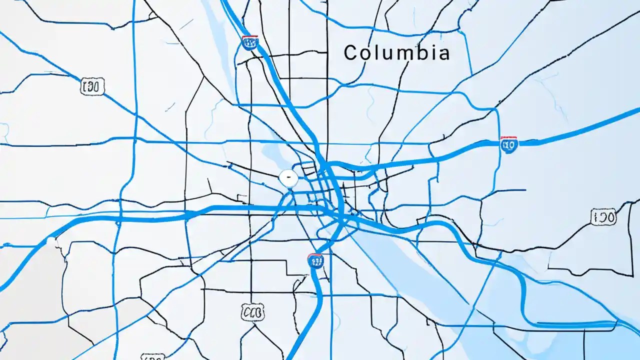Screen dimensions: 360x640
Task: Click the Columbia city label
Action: coord(397,52)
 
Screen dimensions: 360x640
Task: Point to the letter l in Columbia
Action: coord(379,52)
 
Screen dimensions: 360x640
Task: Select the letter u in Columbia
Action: coord(389,53)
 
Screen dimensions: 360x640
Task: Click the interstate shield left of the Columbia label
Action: coord(249,42)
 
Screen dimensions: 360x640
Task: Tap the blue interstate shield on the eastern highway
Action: coord(509,144)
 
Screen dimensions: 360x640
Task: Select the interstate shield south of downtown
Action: coord(315,260)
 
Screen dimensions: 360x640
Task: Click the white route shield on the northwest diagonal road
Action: coord(92,86)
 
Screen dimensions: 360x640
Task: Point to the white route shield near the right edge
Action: coord(603,217)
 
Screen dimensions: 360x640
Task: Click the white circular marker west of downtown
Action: coord(288,176)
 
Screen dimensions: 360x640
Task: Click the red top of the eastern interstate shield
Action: coord(509,138)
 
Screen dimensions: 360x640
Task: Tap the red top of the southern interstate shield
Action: coord(315,255)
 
